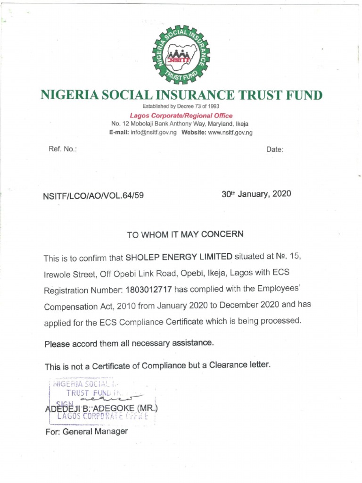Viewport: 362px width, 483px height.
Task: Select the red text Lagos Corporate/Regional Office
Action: coord(181,116)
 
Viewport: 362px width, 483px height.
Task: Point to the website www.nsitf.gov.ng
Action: coord(230,133)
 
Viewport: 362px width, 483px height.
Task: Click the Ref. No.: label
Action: coord(62,149)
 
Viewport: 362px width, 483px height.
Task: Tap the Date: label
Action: coord(275,150)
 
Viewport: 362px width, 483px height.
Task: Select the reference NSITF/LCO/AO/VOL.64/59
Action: coord(93,195)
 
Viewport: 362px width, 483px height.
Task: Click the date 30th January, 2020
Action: coord(256,194)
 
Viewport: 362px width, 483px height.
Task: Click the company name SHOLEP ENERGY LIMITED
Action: coord(179,257)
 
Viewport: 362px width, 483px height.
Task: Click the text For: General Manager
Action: coord(86,432)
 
